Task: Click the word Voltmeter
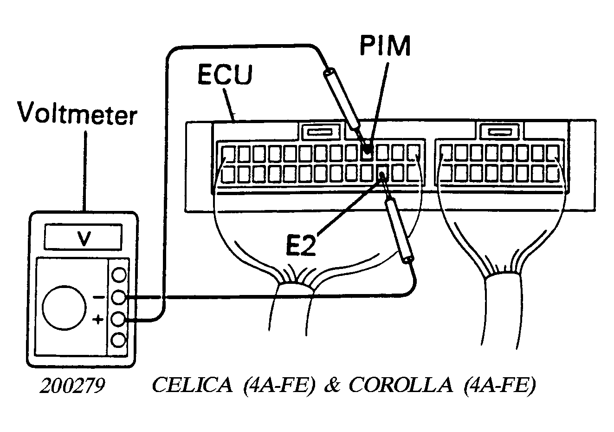pos(77,113)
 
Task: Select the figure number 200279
pos(72,386)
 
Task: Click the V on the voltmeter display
pos(84,239)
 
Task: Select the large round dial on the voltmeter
pos(64,308)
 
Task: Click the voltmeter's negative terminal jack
pos(119,297)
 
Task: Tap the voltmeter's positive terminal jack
pos(118,319)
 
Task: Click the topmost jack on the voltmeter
pos(119,275)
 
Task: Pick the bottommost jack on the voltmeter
pos(118,340)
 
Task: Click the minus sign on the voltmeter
pos(99,297)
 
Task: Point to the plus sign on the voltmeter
pos(98,320)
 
